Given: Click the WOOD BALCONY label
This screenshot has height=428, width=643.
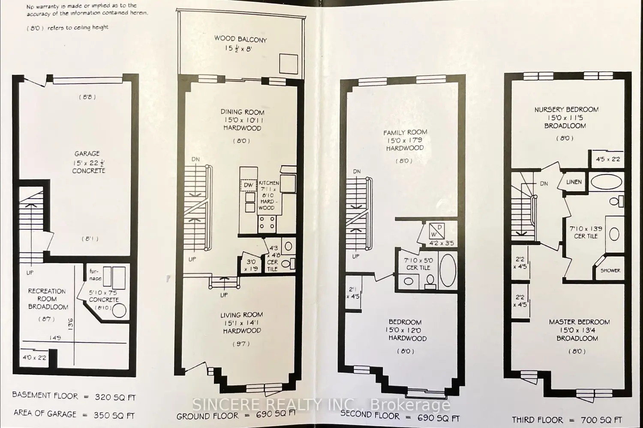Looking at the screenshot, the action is click(240, 39).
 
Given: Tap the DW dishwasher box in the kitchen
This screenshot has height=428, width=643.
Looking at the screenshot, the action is click(249, 185).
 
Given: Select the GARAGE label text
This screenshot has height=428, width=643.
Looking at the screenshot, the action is click(87, 154).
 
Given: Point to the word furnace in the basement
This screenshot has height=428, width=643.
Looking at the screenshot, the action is click(95, 274).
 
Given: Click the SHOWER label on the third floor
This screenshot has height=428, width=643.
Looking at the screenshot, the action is click(610, 270).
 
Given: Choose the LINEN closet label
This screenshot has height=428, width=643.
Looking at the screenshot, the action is click(574, 182).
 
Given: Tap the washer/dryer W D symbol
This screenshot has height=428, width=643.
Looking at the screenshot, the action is click(437, 231).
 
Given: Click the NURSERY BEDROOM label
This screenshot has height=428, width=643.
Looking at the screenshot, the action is click(566, 110).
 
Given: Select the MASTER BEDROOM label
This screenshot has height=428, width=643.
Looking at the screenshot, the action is click(579, 322).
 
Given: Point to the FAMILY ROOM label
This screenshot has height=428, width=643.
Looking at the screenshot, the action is click(405, 132).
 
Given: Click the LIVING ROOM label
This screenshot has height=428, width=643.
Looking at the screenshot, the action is click(241, 315).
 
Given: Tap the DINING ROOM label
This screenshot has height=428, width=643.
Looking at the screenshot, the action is click(242, 112).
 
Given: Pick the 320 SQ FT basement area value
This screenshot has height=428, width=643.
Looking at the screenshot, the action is click(115, 397).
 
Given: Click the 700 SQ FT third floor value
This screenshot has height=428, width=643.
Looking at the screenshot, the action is click(601, 420).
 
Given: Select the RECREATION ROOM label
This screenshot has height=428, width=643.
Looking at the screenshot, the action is click(47, 295).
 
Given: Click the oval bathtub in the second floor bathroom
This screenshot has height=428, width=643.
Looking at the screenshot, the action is click(448, 270).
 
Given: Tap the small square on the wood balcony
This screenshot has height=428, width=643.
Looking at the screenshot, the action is click(288, 64).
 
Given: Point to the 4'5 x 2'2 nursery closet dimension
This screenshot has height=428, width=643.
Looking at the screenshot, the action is click(608, 159).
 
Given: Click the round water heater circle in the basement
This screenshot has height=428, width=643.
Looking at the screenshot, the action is click(119, 310).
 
